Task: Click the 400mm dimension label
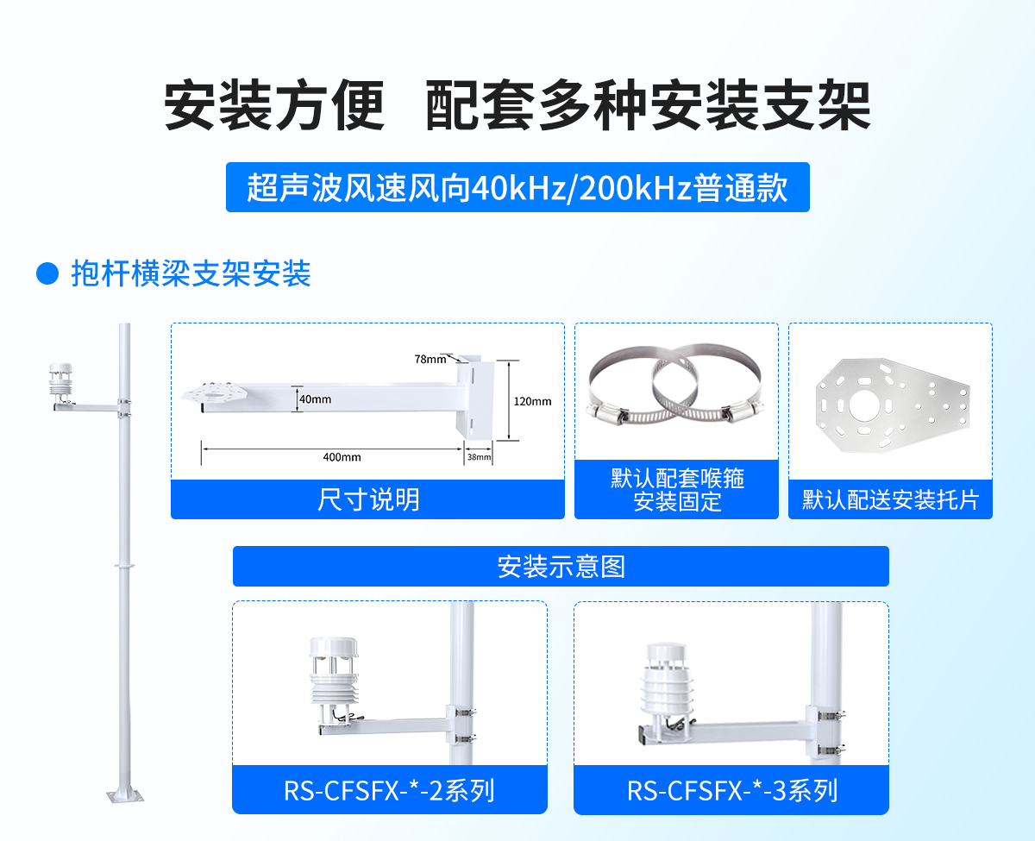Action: coord(342,457)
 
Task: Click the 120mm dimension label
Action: coord(532,401)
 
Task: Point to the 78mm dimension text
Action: coord(430,359)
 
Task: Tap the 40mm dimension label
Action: coord(316,399)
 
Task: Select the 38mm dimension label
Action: coord(479,457)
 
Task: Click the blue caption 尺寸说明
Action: coord(368,499)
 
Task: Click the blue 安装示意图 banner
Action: coord(561,567)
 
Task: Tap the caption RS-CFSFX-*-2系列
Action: coord(389,790)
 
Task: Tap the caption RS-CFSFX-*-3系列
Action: coord(731,790)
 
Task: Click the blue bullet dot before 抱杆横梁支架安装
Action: coord(47,274)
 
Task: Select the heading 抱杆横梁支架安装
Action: coord(191,274)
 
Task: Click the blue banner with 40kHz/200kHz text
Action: coord(517,187)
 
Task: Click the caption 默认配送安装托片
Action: coord(890,500)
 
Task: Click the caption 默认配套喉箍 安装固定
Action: coord(676,490)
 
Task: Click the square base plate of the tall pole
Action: coord(124,794)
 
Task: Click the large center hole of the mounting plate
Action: coord(868,404)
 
